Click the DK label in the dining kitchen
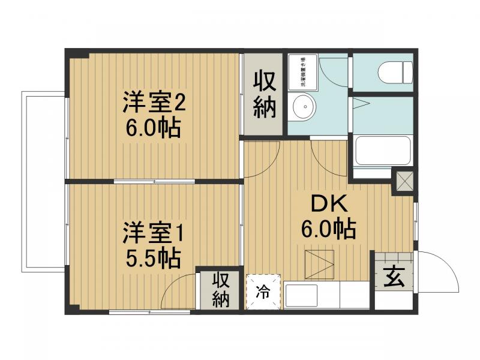coord(328,204)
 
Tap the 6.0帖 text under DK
coord(328,229)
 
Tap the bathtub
coord(383,151)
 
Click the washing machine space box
coord(303,71)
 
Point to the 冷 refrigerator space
coord(263,292)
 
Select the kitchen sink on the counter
coord(301,296)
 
